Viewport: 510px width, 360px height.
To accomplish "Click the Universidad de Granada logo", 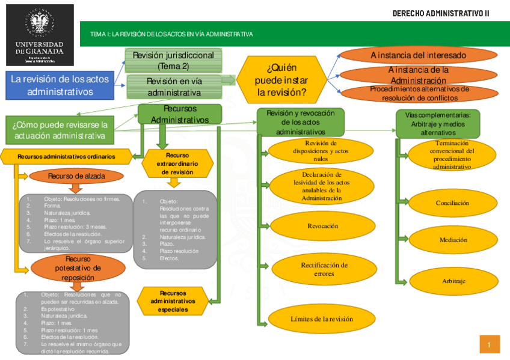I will pyautogui.click(x=40, y=35).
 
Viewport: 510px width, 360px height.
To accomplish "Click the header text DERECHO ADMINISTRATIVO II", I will pyautogui.click(x=441, y=13).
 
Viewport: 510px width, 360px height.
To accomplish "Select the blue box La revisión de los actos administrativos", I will pyautogui.click(x=60, y=85).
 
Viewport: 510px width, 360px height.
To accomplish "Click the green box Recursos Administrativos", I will pyautogui.click(x=180, y=114).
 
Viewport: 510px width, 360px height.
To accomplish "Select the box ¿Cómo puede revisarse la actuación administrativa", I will pyautogui.click(x=60, y=130).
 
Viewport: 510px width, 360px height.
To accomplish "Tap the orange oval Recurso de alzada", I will pyautogui.click(x=76, y=176).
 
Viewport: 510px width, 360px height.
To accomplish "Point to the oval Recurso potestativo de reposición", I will pyautogui.click(x=78, y=268).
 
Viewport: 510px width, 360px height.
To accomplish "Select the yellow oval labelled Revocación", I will pyautogui.click(x=322, y=227).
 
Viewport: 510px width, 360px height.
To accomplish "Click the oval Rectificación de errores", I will pyautogui.click(x=324, y=269).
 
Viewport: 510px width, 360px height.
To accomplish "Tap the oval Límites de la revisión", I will pyautogui.click(x=322, y=319).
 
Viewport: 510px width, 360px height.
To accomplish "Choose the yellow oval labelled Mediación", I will pyautogui.click(x=452, y=240).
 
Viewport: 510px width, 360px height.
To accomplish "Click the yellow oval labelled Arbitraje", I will pyautogui.click(x=452, y=281).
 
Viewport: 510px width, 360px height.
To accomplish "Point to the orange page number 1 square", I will pyautogui.click(x=490, y=344).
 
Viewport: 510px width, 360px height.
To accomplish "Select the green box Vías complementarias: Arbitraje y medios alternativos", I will pyautogui.click(x=438, y=123).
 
